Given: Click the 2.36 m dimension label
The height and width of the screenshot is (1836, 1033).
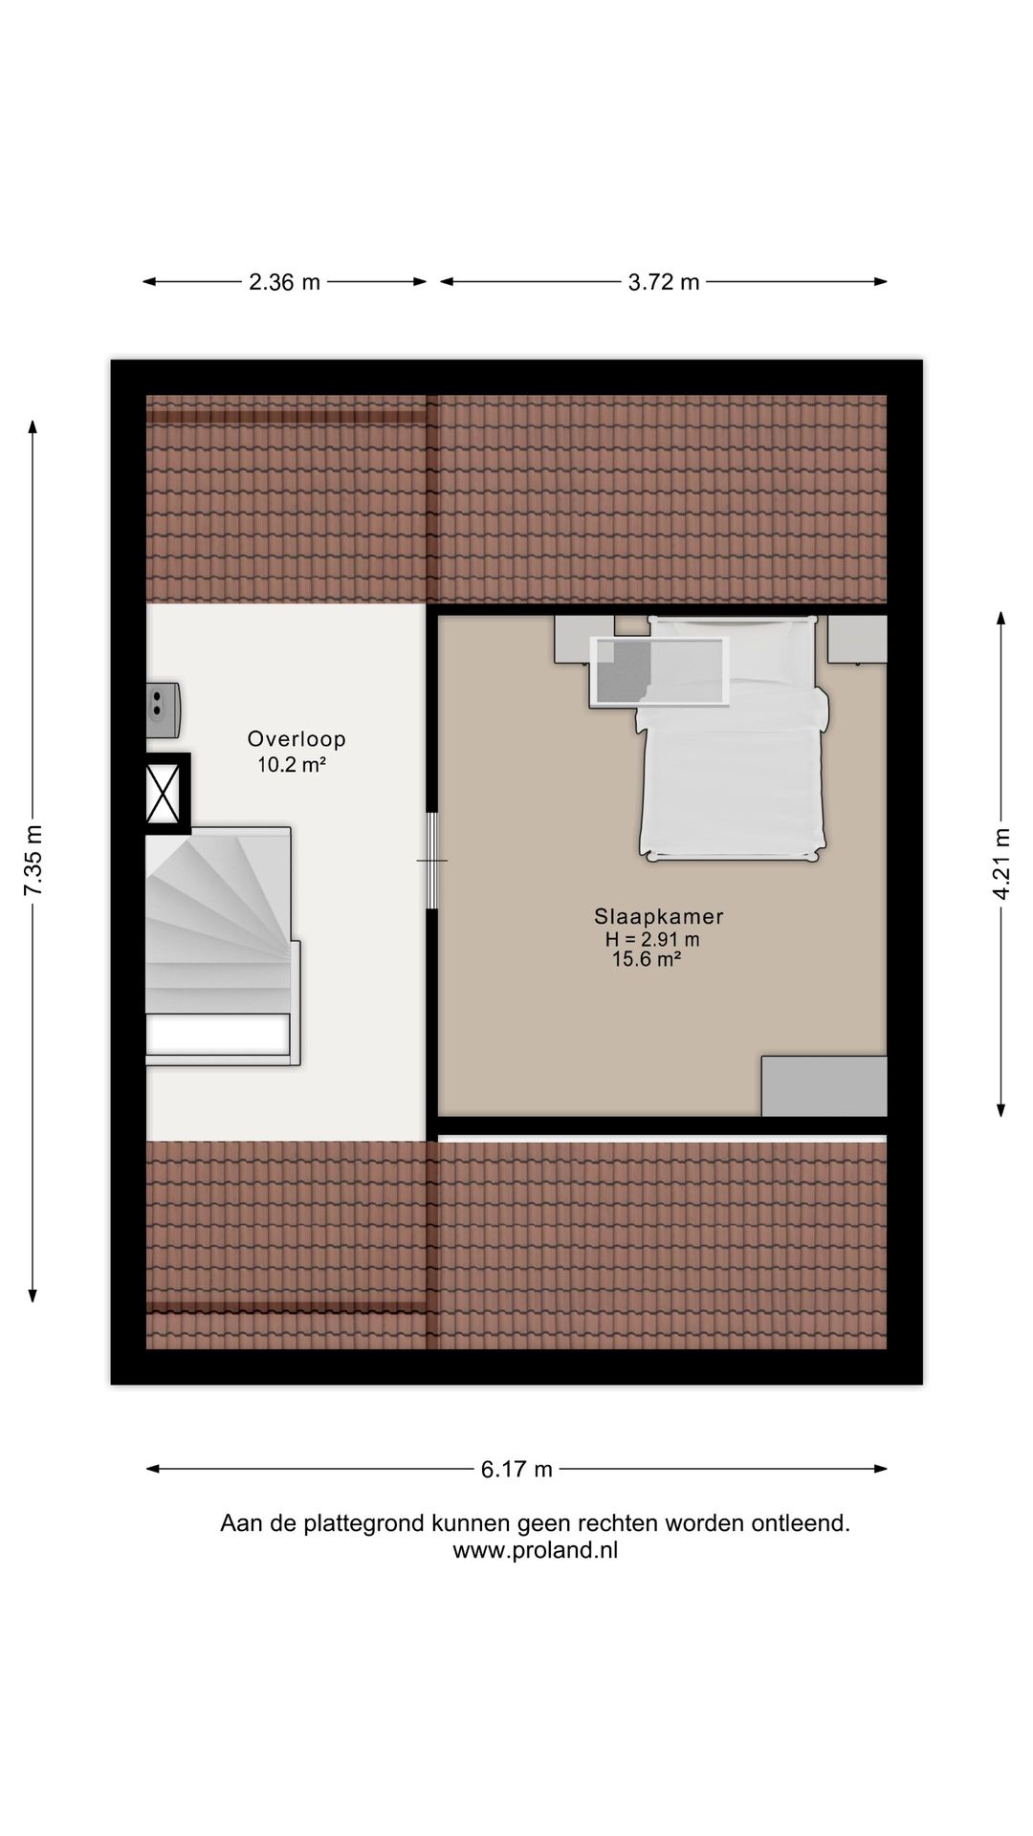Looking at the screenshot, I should click(x=284, y=282).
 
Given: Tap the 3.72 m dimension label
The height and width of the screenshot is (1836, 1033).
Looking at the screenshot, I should click(x=664, y=282).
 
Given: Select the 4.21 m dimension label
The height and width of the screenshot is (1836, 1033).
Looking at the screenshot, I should click(x=1001, y=863).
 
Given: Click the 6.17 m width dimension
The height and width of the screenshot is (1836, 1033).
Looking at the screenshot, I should click(x=516, y=1469).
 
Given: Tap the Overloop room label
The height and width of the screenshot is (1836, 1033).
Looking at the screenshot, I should click(x=297, y=739).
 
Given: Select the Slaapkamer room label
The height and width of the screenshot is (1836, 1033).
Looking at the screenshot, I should click(x=658, y=916).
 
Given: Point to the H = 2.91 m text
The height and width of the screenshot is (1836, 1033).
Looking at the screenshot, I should click(x=652, y=939).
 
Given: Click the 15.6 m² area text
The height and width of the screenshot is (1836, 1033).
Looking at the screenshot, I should click(x=647, y=960).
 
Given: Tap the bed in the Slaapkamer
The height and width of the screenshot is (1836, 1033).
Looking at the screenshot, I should click(x=733, y=765).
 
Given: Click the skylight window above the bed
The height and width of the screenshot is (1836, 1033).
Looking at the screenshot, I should click(x=660, y=671).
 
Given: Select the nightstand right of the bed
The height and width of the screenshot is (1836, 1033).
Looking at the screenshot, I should click(x=857, y=640).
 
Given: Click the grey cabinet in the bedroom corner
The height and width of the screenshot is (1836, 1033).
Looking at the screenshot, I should click(x=824, y=1085).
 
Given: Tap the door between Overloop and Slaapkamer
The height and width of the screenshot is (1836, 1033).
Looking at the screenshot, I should click(x=432, y=861).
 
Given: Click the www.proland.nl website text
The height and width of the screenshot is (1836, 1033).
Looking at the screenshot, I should click(x=535, y=1551).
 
